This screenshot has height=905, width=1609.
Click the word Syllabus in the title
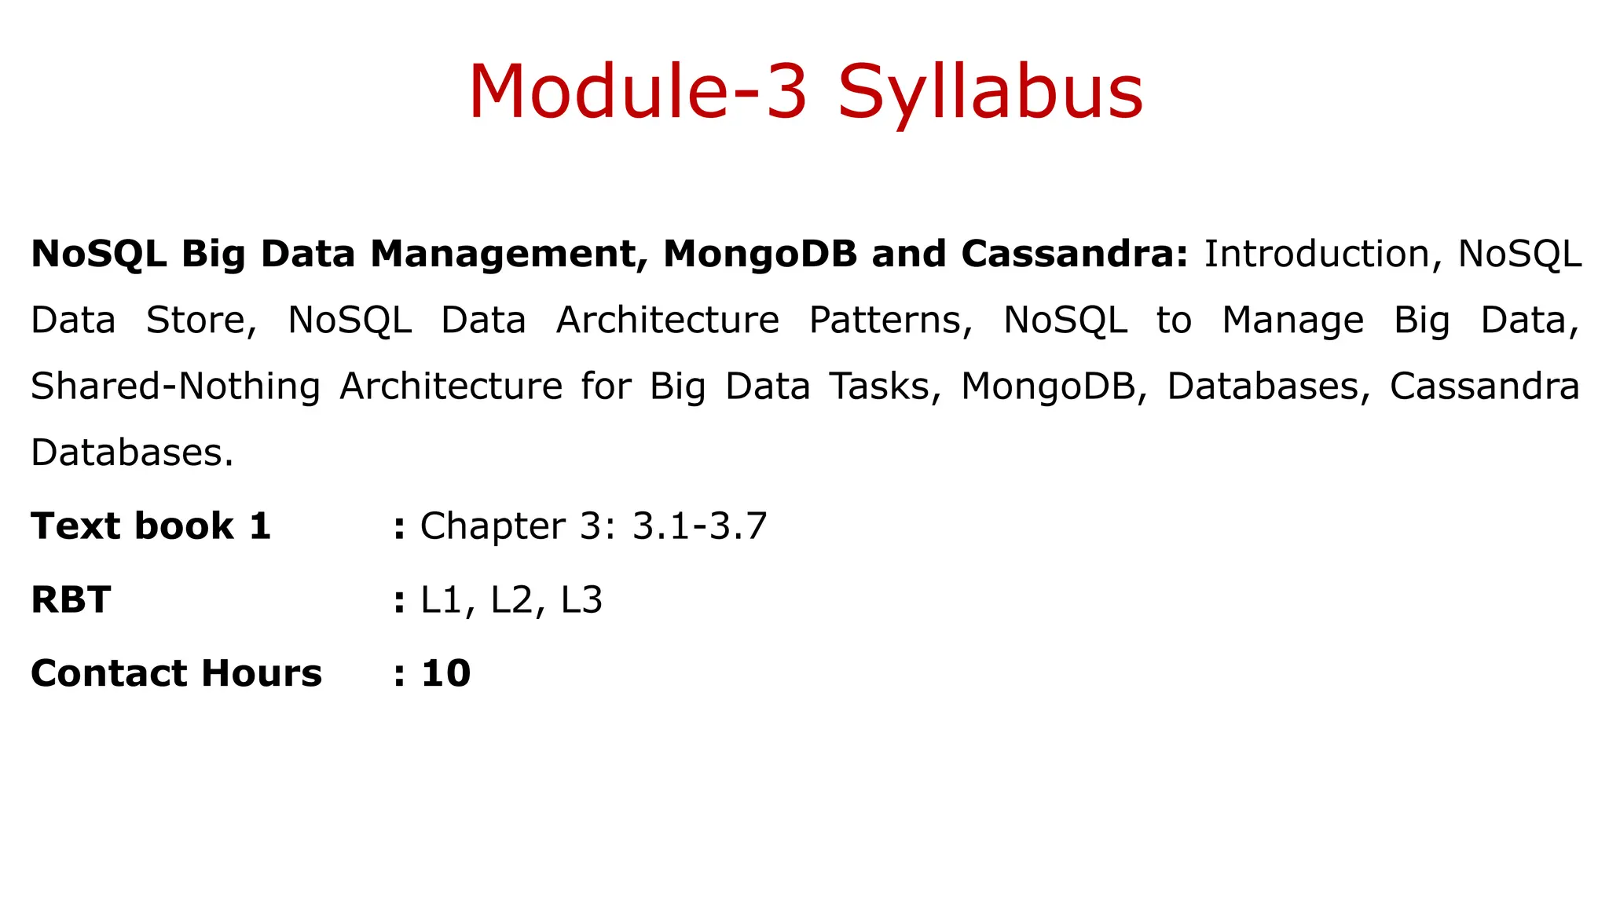pos(990,93)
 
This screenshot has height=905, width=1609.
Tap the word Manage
pos(1292,321)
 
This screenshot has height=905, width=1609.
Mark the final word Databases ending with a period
pos(132,452)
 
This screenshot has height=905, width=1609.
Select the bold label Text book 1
pos(151,526)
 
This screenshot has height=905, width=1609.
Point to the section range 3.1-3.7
pos(699,526)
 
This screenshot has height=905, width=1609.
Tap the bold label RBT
pos(71,600)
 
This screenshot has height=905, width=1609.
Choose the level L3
pos(581,600)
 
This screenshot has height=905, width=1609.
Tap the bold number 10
pos(445,673)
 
